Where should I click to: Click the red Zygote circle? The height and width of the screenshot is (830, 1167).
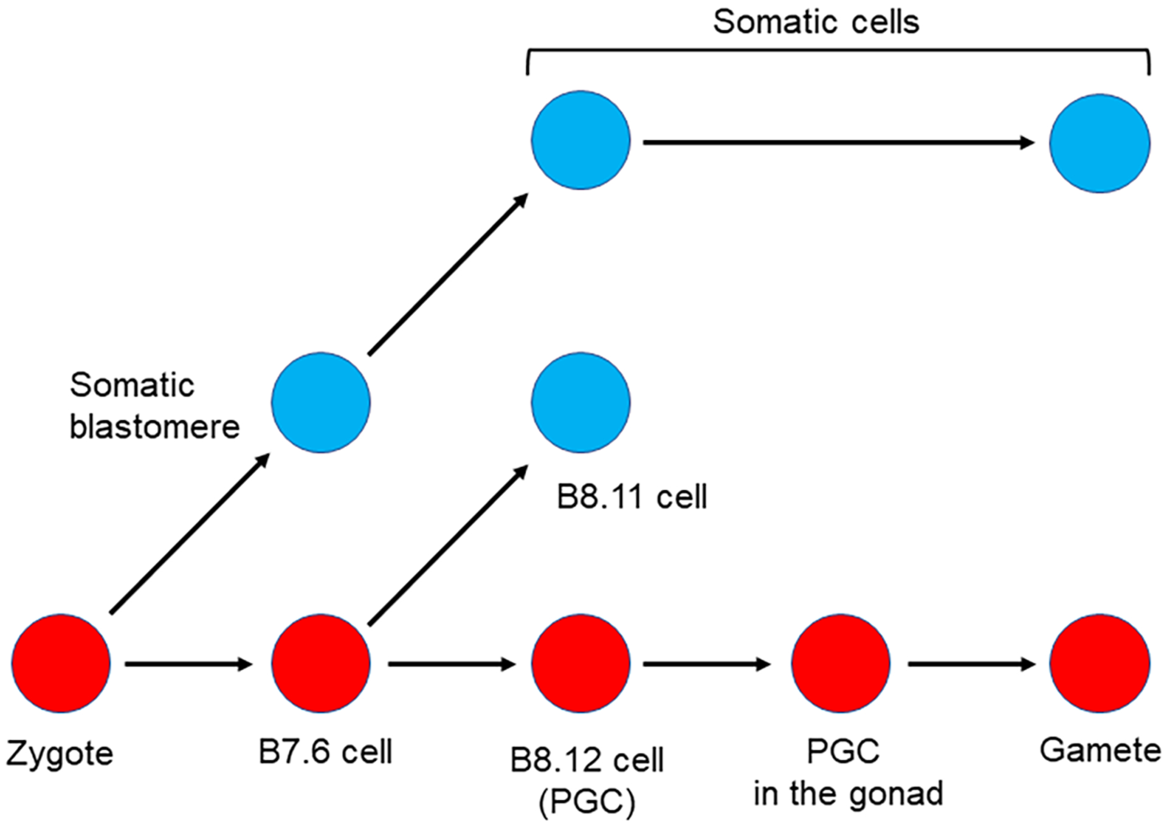pos(61,663)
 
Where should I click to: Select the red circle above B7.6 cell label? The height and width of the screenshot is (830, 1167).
pos(321,663)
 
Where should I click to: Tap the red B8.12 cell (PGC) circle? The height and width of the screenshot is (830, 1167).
pos(580,663)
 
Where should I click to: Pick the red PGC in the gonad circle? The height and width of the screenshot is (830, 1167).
pos(841,663)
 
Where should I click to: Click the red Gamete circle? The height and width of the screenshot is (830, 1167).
pos(1100,663)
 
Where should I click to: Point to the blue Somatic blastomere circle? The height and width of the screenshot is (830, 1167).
pos(321,402)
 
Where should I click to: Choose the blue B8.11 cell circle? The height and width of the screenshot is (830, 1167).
pos(580,402)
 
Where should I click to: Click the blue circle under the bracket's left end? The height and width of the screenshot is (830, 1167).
pos(580,140)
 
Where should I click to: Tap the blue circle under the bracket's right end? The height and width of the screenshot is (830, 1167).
pos(1100,143)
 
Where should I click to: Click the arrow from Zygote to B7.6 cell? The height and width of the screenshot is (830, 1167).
pos(188,664)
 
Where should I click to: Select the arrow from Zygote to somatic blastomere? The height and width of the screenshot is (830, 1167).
pos(190,533)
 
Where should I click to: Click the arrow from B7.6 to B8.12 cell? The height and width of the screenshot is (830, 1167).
pos(452,664)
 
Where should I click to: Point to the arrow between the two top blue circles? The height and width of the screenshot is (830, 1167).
pos(839,143)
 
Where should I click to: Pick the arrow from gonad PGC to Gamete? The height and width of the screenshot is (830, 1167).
pos(972,664)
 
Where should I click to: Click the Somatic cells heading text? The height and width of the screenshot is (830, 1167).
pos(816,22)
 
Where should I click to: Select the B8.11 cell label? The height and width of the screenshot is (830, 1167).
pos(632,497)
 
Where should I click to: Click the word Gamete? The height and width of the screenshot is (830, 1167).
pos(1100,750)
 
